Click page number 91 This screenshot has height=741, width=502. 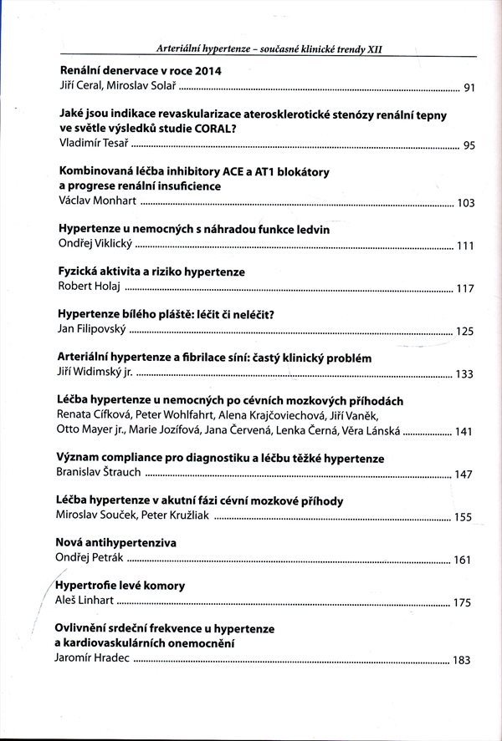coord(469,88)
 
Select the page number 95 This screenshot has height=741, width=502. coord(469,146)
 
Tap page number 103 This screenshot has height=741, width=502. coord(466,204)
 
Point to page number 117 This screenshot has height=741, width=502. coord(466,289)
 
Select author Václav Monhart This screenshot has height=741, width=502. coord(96,202)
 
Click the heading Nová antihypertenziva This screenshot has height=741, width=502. coord(115,542)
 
